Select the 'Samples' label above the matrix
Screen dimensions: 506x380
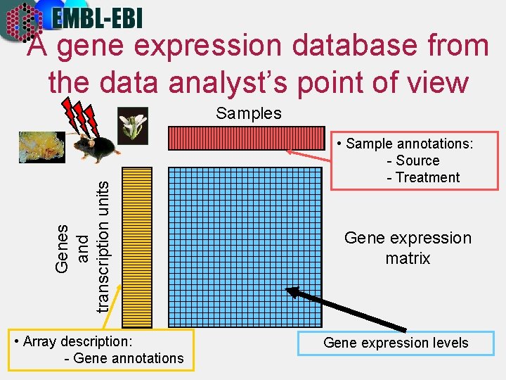click(249, 113)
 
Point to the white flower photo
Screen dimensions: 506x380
click(133, 126)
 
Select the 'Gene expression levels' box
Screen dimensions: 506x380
click(396, 343)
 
